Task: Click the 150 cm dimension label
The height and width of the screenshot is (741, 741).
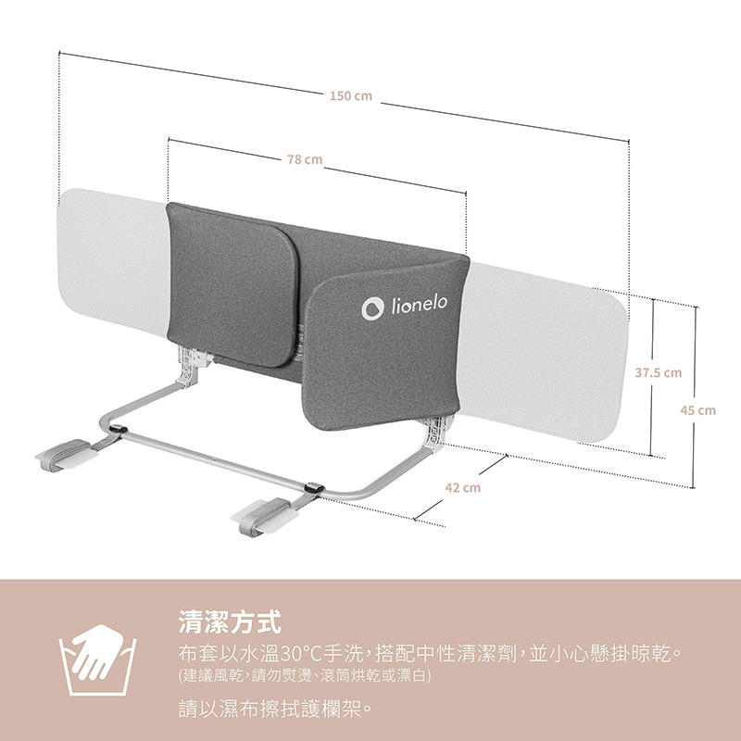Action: point(350,95)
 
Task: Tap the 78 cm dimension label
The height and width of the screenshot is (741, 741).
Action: point(304,159)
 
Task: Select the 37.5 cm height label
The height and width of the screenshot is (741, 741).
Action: point(658,372)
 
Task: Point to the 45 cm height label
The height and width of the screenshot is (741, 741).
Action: point(698,409)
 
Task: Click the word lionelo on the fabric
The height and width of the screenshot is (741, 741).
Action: point(419,306)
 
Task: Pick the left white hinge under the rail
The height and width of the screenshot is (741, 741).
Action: point(189,363)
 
